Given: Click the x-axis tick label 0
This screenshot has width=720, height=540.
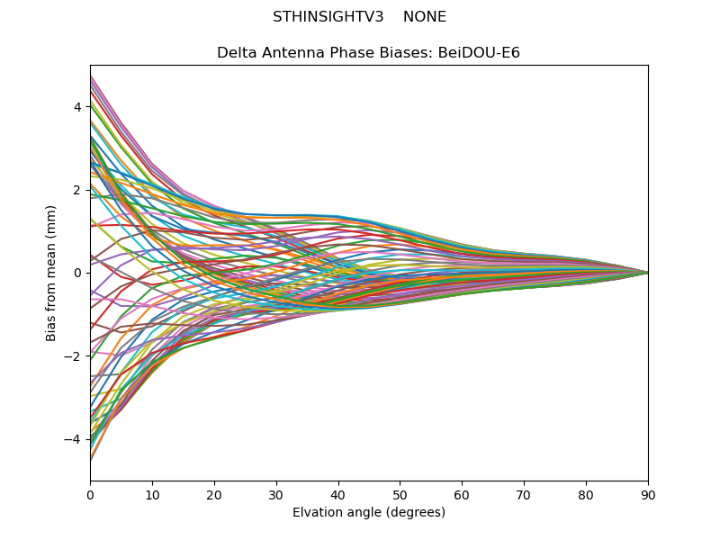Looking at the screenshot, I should click(x=90, y=494).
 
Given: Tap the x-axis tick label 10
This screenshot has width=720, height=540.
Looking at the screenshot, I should click(x=152, y=494).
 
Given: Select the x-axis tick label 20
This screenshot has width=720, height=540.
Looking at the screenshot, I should click(x=214, y=494).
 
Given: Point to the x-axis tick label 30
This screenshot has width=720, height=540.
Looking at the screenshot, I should click(x=276, y=494).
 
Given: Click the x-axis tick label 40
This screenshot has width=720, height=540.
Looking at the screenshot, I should click(x=338, y=494).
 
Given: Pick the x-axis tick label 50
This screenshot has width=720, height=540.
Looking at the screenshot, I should click(x=400, y=494).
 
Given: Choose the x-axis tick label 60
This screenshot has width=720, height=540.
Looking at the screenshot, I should click(x=462, y=494).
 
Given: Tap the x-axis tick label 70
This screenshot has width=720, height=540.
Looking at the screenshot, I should click(x=524, y=494).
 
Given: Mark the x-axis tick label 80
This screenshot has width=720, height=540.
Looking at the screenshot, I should click(x=586, y=494).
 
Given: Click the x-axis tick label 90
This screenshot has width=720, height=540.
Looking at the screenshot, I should click(x=648, y=494).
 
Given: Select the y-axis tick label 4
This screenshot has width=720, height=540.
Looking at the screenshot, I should click(x=77, y=107).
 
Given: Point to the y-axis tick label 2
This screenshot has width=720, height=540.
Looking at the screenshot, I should click(x=77, y=190).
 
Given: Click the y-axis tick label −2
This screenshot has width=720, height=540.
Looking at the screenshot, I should click(x=74, y=356).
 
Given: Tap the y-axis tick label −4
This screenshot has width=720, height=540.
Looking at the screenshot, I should click(x=74, y=439).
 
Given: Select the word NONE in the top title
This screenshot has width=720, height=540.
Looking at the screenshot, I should click(x=425, y=17).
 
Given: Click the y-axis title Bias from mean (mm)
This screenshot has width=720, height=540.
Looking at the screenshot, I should click(x=51, y=272).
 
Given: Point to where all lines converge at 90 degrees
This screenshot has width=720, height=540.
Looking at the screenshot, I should click(x=647, y=273).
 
